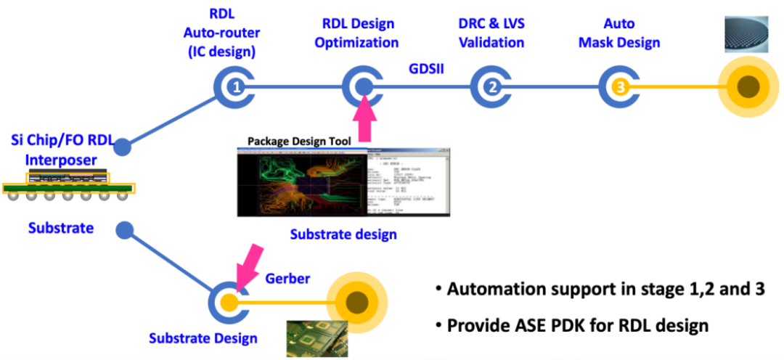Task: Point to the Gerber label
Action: (287, 279)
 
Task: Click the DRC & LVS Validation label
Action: (491, 33)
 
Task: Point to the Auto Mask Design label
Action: (618, 33)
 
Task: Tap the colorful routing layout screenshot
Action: (301, 181)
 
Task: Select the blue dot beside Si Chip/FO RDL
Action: (123, 148)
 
